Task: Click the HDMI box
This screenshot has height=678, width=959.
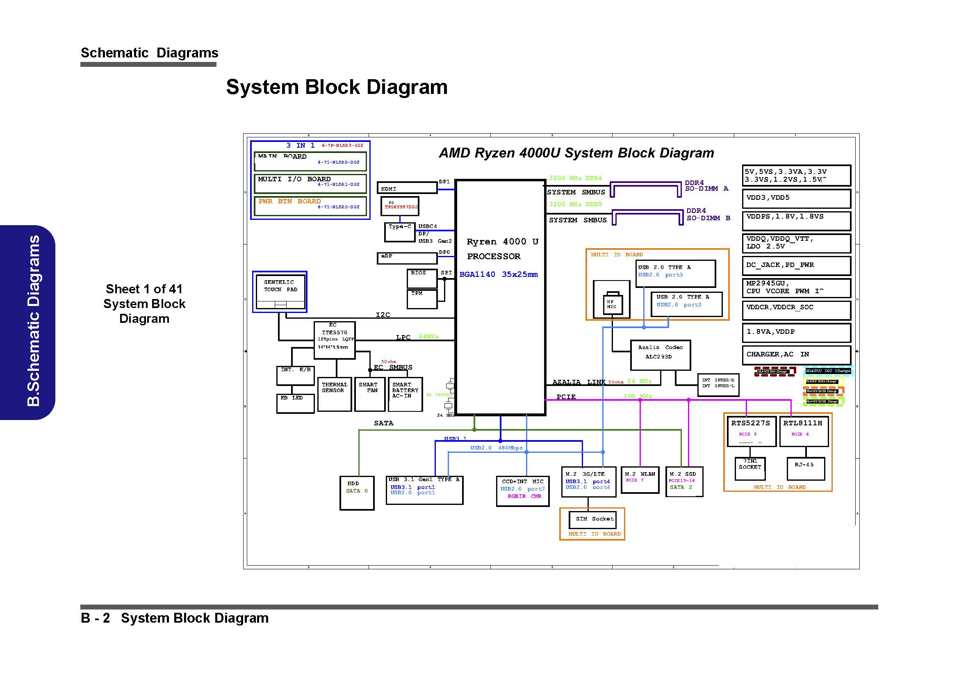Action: point(406,187)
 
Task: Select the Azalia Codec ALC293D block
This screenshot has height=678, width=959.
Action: point(660,355)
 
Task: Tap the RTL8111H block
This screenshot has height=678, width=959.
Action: point(804,431)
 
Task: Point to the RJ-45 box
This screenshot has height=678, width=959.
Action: point(805,469)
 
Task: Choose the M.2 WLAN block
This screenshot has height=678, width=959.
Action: point(640,479)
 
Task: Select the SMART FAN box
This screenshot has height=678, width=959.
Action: point(369,394)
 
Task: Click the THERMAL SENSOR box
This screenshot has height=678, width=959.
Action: point(334,394)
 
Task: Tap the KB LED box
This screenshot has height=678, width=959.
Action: point(295,403)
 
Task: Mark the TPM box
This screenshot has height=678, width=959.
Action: point(422,299)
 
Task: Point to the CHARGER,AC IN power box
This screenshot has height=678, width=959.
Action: point(796,355)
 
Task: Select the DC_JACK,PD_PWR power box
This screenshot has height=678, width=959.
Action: point(796,265)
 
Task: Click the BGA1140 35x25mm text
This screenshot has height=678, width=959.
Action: point(498,274)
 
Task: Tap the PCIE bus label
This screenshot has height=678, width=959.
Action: point(565,397)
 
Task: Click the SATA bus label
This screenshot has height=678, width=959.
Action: point(383,423)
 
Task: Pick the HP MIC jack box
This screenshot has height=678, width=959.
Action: point(611,304)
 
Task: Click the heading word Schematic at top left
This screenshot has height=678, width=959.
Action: point(114,53)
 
